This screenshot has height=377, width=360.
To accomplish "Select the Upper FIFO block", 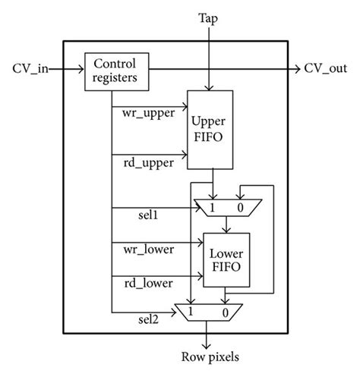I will pyautogui.click(x=210, y=129).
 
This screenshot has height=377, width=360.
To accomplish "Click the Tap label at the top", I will pyautogui.click(x=209, y=17).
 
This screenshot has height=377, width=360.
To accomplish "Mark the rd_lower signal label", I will pyautogui.click(x=147, y=281).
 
